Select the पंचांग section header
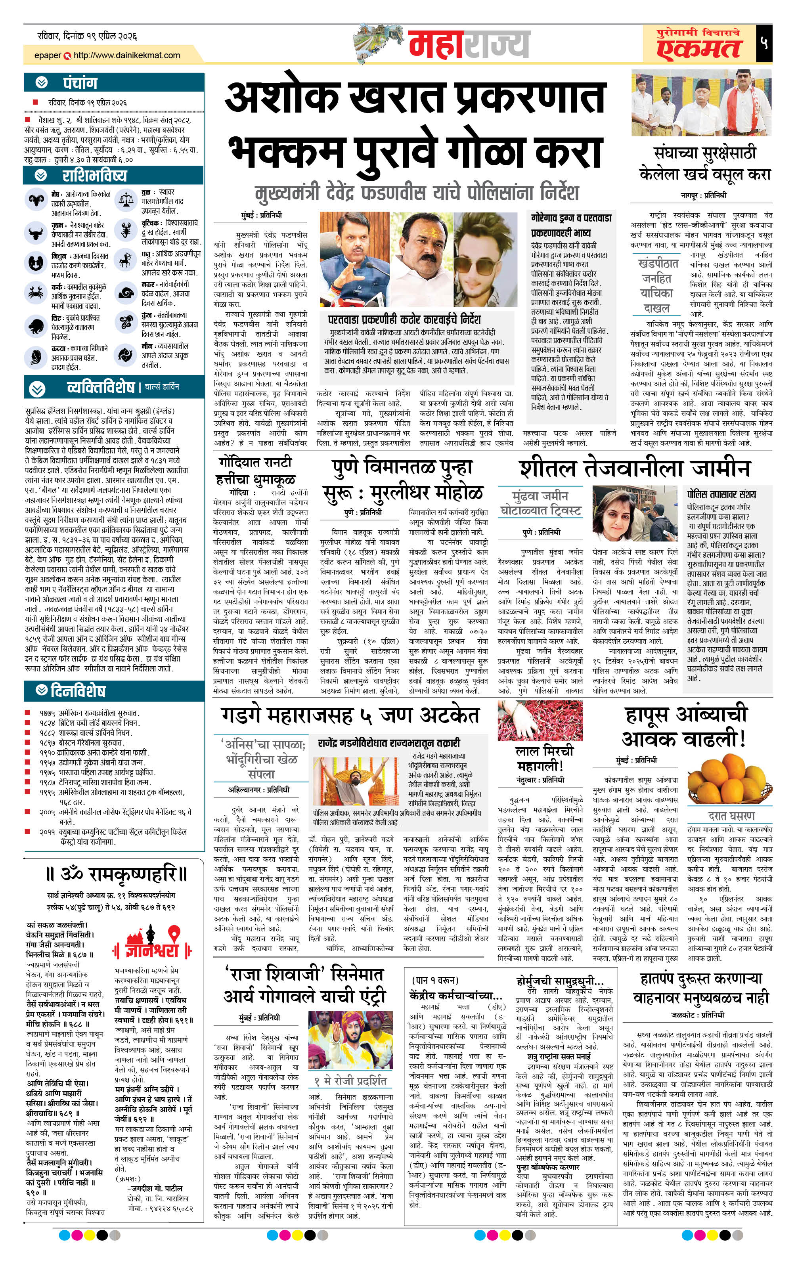[x=80, y=82]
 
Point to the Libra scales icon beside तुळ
[x=126, y=199]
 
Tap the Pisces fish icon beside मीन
[x=126, y=356]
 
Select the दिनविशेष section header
[x=78, y=691]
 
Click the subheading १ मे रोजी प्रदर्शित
[x=350, y=1080]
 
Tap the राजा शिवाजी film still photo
[x=350, y=1040]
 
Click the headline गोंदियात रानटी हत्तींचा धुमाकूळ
[x=256, y=471]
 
